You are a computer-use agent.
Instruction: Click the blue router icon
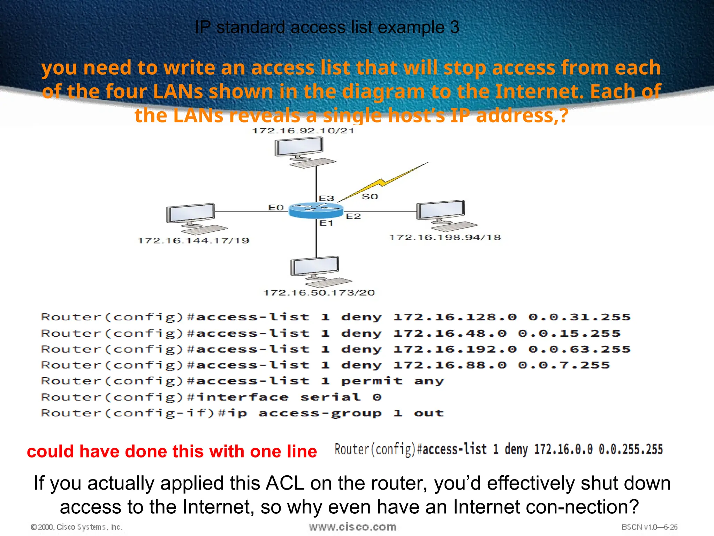coord(316,210)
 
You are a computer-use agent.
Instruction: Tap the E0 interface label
coord(276,208)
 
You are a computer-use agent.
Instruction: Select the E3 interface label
coord(327,198)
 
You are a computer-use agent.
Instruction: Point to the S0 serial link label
coord(370,196)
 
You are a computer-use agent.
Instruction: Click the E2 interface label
coord(353,216)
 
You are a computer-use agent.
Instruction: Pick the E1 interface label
coord(327,223)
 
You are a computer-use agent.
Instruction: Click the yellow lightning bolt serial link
coord(383,182)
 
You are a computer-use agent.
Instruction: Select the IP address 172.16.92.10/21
coord(303,131)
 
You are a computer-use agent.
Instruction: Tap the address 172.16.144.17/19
coord(193,240)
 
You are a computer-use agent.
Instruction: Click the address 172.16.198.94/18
coord(445,237)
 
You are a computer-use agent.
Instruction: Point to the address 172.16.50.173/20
coord(319,292)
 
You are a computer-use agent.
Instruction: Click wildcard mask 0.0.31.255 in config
coord(579,317)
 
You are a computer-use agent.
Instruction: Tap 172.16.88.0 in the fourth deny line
coord(450,365)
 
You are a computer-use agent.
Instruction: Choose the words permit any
coord(392,381)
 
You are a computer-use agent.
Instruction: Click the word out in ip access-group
coord(429,413)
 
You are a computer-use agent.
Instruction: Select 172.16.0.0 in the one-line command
coord(563,449)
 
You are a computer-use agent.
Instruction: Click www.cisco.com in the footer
coord(352,527)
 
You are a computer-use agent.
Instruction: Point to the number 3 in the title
coord(455,28)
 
